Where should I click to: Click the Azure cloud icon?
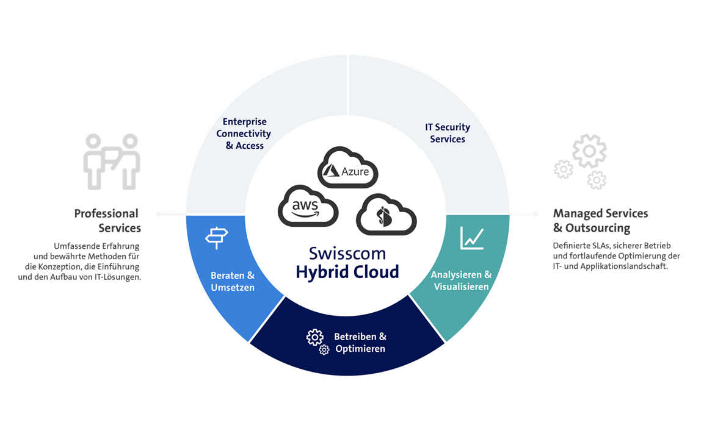click(x=347, y=167)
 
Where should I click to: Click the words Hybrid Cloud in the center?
click(x=347, y=271)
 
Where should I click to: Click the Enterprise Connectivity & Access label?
click(x=244, y=134)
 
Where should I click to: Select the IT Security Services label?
click(x=448, y=133)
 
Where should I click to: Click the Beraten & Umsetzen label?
click(x=233, y=281)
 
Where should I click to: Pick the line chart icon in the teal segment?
click(x=472, y=238)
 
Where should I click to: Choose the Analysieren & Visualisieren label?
click(x=461, y=280)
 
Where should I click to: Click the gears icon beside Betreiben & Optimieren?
click(x=317, y=341)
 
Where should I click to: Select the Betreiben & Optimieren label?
click(x=360, y=343)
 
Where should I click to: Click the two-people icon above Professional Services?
click(x=112, y=161)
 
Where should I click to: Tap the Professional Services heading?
click(x=107, y=221)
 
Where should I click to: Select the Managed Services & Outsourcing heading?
click(x=600, y=221)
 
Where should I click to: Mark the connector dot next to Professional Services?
click(x=158, y=214)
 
